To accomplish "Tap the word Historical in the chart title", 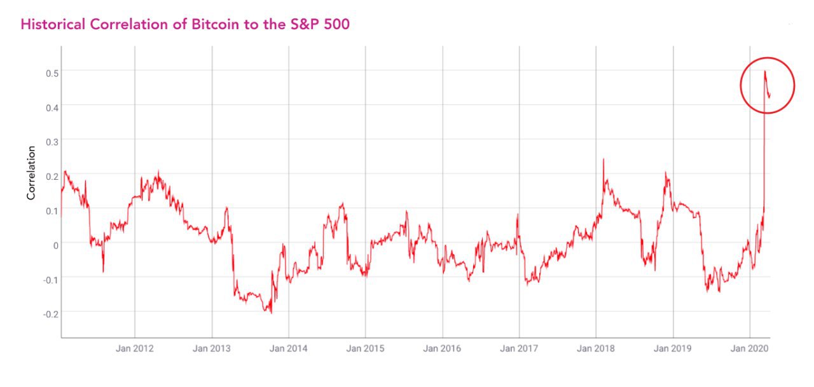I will pyautogui.click(x=52, y=25).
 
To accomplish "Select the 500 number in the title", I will pyautogui.click(x=335, y=25).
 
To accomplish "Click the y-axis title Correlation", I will pyautogui.click(x=31, y=173).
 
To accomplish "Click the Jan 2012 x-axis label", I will pyautogui.click(x=135, y=349).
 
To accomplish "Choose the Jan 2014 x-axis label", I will pyautogui.click(x=289, y=349).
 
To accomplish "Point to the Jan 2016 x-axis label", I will pyautogui.click(x=443, y=349).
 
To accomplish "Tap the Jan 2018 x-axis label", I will pyautogui.click(x=597, y=349).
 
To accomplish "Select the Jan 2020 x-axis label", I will pyautogui.click(x=750, y=349).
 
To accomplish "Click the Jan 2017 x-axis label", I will pyautogui.click(x=520, y=349).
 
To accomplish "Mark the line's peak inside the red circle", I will pyautogui.click(x=765, y=71).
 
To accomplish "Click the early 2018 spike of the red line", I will pyautogui.click(x=603, y=160).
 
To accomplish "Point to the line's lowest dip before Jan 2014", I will pyautogui.click(x=271, y=313).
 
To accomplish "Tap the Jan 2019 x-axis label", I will pyautogui.click(x=673, y=349).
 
